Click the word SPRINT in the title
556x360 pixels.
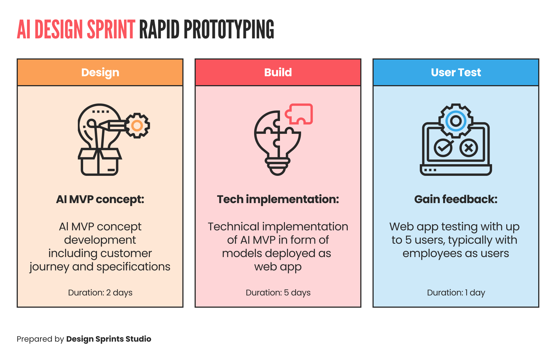point(111,29)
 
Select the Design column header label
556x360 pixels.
point(100,72)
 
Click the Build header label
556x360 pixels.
point(278,72)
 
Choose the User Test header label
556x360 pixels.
point(456,72)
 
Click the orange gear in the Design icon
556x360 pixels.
point(137,125)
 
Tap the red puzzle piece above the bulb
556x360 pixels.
point(300,114)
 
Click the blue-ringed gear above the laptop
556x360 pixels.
point(456,121)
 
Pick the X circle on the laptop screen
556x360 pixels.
point(469,148)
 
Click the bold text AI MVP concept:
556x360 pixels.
point(100,199)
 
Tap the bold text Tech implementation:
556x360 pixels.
point(278,199)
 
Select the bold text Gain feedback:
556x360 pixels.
point(456,199)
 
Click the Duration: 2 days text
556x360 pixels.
point(100,293)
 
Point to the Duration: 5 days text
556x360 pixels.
point(278,293)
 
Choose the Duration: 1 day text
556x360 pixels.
point(456,293)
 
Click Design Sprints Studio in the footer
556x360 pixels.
point(109,339)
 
